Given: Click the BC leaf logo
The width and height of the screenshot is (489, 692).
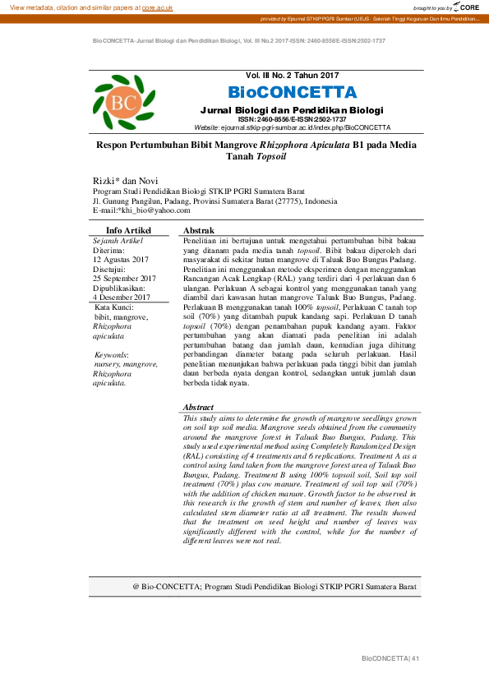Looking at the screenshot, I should (123, 102).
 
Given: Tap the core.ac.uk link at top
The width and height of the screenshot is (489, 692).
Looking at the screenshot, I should (156, 7).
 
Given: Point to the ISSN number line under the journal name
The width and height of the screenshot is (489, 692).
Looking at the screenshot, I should (293, 119).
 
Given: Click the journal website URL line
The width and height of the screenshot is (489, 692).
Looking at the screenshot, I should (292, 127).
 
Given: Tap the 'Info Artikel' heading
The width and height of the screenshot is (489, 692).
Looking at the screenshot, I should (129, 230).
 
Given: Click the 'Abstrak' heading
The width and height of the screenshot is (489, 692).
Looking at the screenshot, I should (199, 230).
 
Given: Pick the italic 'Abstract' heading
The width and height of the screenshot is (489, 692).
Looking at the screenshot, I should (198, 407).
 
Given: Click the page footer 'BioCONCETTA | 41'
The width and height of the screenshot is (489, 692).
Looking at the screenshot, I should (390, 659).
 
